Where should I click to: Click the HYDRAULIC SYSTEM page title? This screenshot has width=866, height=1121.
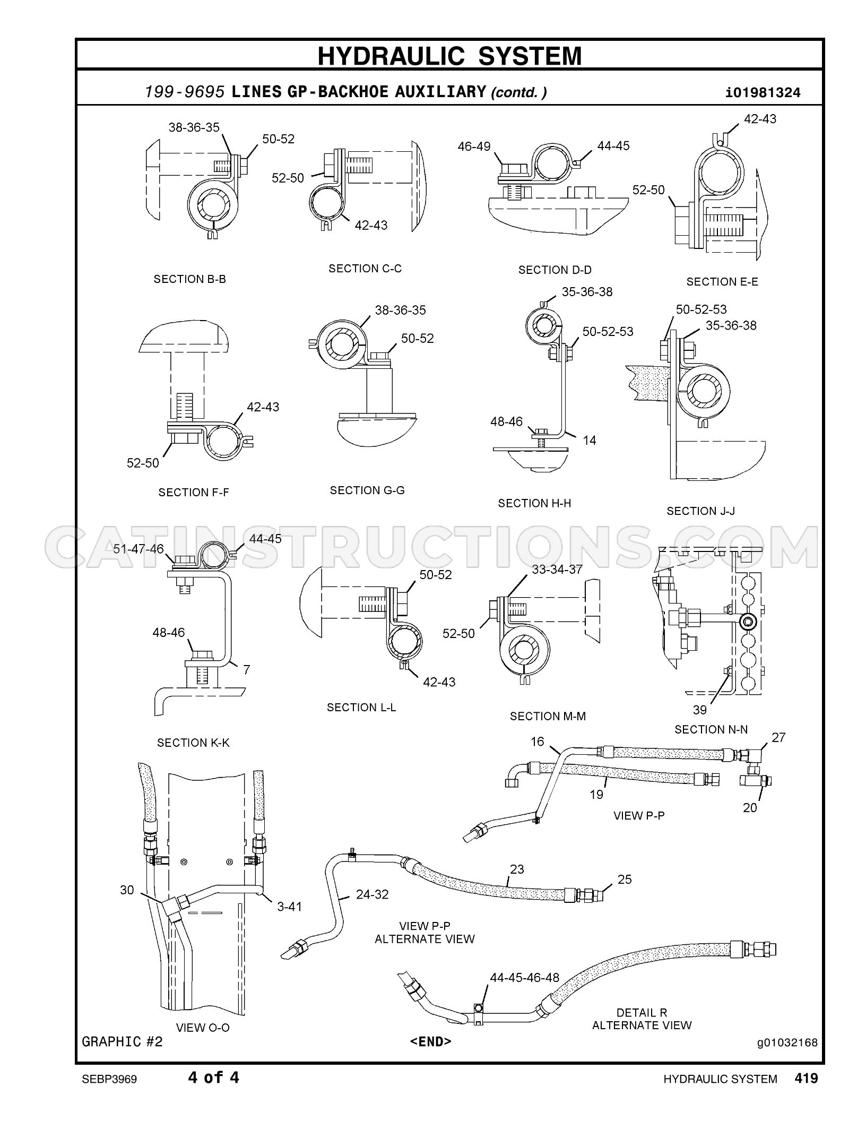click(x=449, y=56)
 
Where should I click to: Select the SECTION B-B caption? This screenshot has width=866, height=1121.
click(x=190, y=279)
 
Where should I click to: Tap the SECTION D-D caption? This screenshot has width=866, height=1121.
click(x=555, y=270)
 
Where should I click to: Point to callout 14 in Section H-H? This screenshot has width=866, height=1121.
click(x=590, y=440)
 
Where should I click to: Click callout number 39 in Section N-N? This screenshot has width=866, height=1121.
click(x=700, y=710)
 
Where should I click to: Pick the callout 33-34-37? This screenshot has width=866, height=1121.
click(x=557, y=570)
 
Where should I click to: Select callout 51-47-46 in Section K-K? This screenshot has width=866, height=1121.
click(x=138, y=549)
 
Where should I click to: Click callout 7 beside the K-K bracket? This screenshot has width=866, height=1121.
click(x=246, y=670)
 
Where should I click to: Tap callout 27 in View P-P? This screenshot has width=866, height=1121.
click(x=778, y=737)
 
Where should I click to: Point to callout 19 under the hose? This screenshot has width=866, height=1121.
click(x=596, y=794)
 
